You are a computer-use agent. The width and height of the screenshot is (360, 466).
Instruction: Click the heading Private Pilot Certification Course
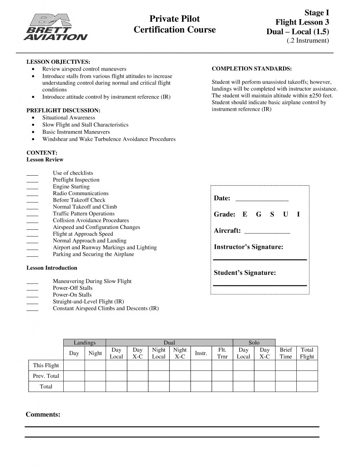tap(175, 25)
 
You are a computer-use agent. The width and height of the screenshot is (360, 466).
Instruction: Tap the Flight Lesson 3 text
tap(302, 22)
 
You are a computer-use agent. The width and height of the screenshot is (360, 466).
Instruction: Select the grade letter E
tap(245, 214)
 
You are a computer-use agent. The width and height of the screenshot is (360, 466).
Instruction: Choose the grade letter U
tap(285, 214)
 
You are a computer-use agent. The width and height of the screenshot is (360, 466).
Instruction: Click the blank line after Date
tap(262, 199)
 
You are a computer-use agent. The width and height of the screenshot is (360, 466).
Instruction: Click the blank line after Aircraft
tap(267, 232)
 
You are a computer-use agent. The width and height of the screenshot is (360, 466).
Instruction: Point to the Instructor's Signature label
tap(248, 247)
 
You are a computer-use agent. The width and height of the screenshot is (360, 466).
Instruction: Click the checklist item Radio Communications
tap(81, 193)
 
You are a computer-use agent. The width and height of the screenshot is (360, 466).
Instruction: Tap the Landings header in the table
tap(85, 343)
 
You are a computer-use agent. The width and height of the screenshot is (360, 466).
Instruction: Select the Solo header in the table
tap(254, 343)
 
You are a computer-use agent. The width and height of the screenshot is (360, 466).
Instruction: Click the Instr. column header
tap(201, 353)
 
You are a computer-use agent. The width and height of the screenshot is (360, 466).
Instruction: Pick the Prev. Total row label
tap(46, 376)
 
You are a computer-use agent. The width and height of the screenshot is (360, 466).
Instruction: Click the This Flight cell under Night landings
tap(95, 365)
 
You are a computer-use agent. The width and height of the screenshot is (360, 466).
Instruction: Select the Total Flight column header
tap(307, 353)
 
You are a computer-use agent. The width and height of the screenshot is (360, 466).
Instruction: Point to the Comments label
tap(43, 415)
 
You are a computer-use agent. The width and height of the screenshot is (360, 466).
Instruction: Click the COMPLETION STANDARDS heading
tap(252, 69)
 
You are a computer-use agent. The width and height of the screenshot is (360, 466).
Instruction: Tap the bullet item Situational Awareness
tap(69, 117)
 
